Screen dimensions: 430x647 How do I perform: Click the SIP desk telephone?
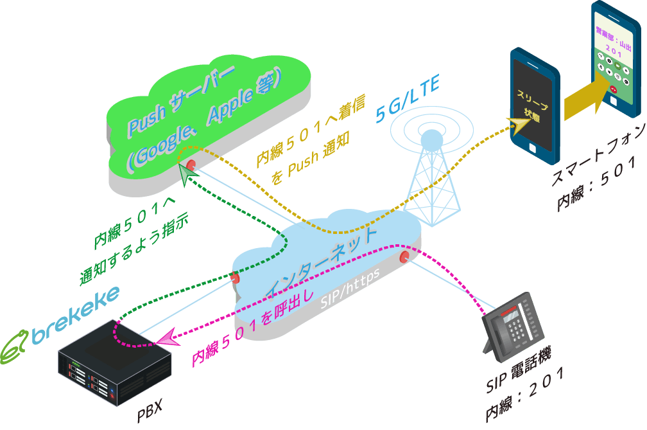point(513,325)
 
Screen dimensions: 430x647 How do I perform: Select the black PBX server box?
point(116,363)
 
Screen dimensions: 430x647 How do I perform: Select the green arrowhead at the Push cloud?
point(187,172)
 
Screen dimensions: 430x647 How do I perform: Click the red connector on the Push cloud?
point(191,164)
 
